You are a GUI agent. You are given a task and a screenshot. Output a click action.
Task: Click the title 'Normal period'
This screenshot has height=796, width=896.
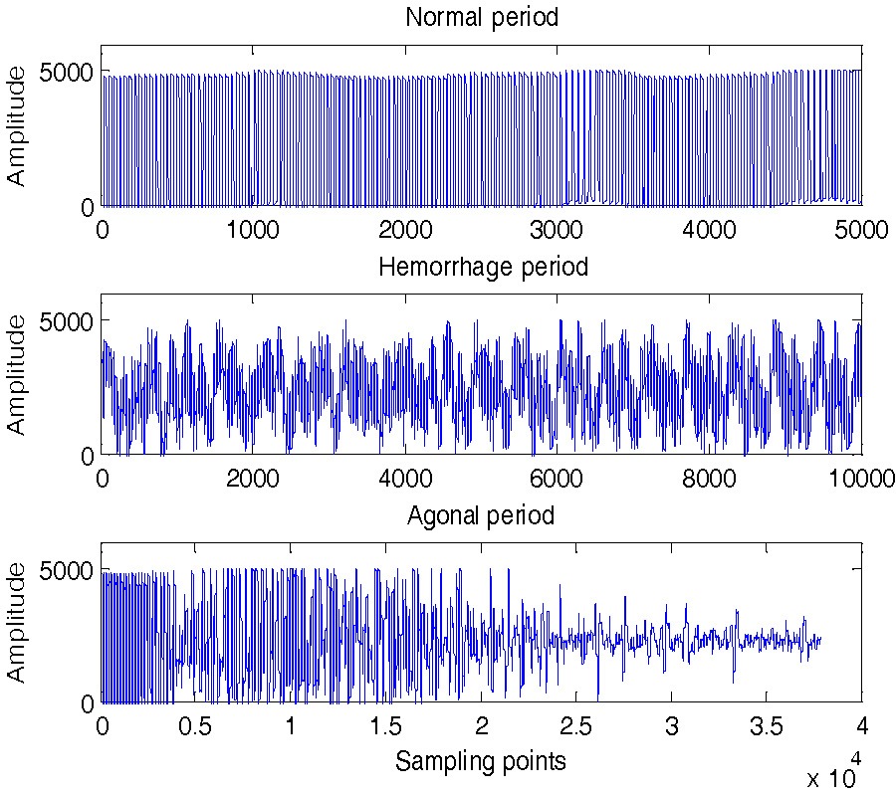tap(482, 17)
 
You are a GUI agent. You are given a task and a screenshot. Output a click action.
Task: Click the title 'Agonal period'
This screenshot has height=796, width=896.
tap(481, 515)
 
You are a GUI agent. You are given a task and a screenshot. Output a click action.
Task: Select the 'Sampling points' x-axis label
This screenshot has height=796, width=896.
tap(481, 762)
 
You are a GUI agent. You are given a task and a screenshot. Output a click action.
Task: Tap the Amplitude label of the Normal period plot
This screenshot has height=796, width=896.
tap(17, 125)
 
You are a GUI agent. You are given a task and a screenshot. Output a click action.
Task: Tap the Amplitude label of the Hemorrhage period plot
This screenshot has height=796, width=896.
tap(17, 374)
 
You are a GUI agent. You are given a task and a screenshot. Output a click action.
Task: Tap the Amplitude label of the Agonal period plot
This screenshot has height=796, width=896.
tap(17, 623)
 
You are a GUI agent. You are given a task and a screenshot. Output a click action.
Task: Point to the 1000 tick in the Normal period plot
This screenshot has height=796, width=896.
tap(253, 229)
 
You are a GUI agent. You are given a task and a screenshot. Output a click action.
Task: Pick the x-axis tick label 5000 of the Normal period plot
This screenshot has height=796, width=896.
tap(861, 229)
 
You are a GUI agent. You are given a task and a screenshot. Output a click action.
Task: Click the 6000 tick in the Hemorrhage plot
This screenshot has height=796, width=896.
tap(557, 478)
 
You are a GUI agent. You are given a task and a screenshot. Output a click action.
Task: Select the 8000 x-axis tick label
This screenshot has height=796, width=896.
tap(709, 478)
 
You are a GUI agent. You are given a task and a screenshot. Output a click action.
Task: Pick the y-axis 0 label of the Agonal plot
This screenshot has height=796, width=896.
tap(88, 702)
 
